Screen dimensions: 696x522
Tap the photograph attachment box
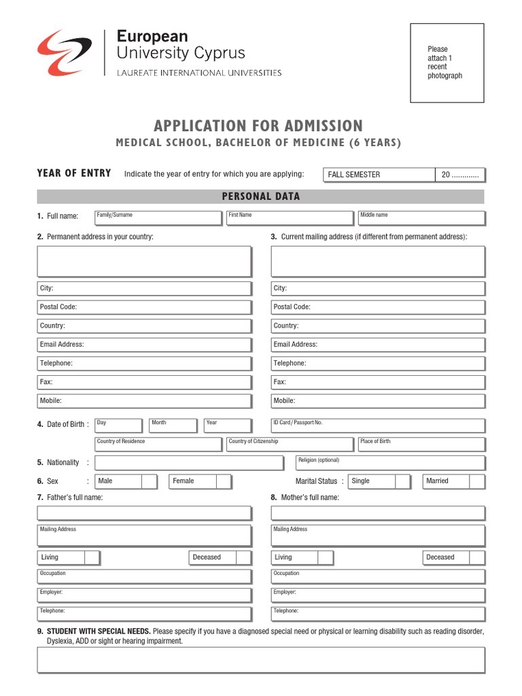(447, 63)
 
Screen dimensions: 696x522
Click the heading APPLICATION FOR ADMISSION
(258, 126)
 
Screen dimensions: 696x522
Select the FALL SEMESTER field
(379, 175)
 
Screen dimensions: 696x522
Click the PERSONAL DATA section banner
(260, 196)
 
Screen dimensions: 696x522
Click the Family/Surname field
(158, 218)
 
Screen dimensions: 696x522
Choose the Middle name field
(421, 218)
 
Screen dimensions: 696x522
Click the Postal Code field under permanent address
(144, 307)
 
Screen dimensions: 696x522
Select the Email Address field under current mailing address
(378, 345)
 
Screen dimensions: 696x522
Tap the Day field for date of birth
(118, 426)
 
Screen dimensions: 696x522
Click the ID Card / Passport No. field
(378, 426)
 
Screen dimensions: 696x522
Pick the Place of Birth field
(421, 445)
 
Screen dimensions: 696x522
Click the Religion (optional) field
(390, 464)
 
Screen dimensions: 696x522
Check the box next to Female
(224, 481)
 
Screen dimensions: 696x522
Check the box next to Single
(402, 481)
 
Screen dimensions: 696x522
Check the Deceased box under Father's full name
(243, 558)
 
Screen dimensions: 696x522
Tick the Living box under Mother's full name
(325, 558)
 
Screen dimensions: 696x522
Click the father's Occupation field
(144, 577)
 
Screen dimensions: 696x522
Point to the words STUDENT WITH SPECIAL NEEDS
(99, 631)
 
